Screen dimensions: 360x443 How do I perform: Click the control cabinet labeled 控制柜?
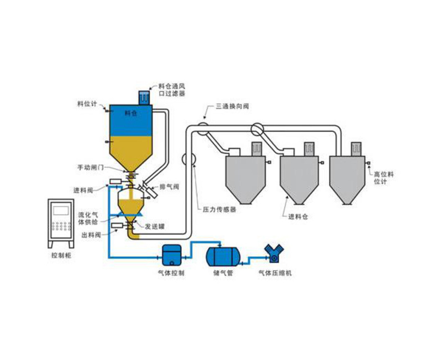(61, 223)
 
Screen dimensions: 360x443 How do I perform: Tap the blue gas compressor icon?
(274, 253)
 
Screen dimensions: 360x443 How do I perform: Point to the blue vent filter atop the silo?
(145, 97)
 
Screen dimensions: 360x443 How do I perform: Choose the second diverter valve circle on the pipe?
(258, 129)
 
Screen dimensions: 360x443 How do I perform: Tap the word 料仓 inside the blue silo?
(130, 113)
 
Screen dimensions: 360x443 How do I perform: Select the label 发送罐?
(154, 226)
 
